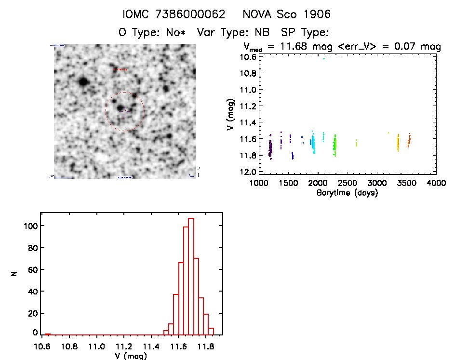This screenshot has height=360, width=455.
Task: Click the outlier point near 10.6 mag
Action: coord(324,59)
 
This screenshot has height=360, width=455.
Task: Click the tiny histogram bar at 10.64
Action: coord(47,334)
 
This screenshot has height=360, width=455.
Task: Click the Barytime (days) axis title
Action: coord(347,193)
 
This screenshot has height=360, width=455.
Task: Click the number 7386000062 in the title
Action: coord(192,14)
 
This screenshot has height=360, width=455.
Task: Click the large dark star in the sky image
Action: coord(83,81)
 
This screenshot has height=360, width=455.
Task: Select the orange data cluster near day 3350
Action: coord(398,143)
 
